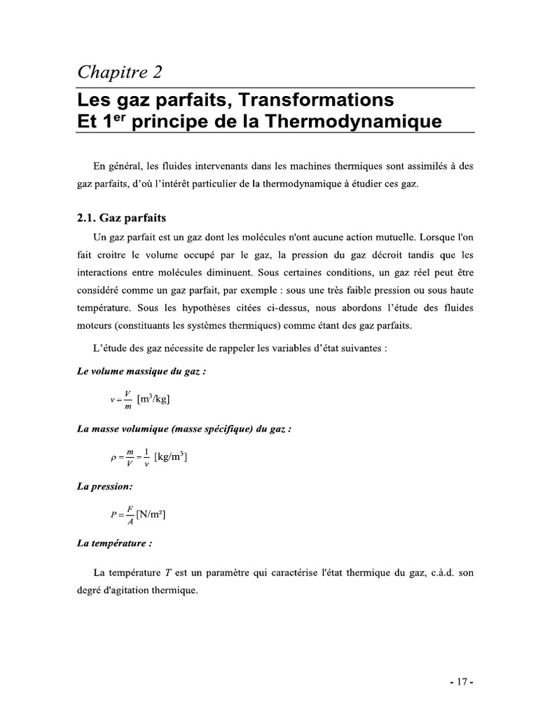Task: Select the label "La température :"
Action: click(114, 543)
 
